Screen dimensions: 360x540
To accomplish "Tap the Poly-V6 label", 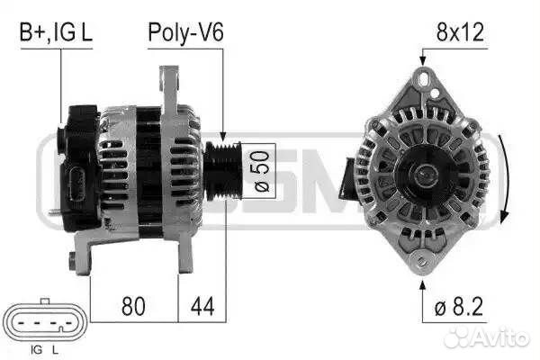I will pos(185,33).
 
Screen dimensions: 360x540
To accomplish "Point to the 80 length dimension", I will pos(133,306).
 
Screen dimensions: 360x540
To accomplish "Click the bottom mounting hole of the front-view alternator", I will pos(421,262).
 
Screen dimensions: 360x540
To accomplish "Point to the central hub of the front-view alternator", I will pos(421,172).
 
